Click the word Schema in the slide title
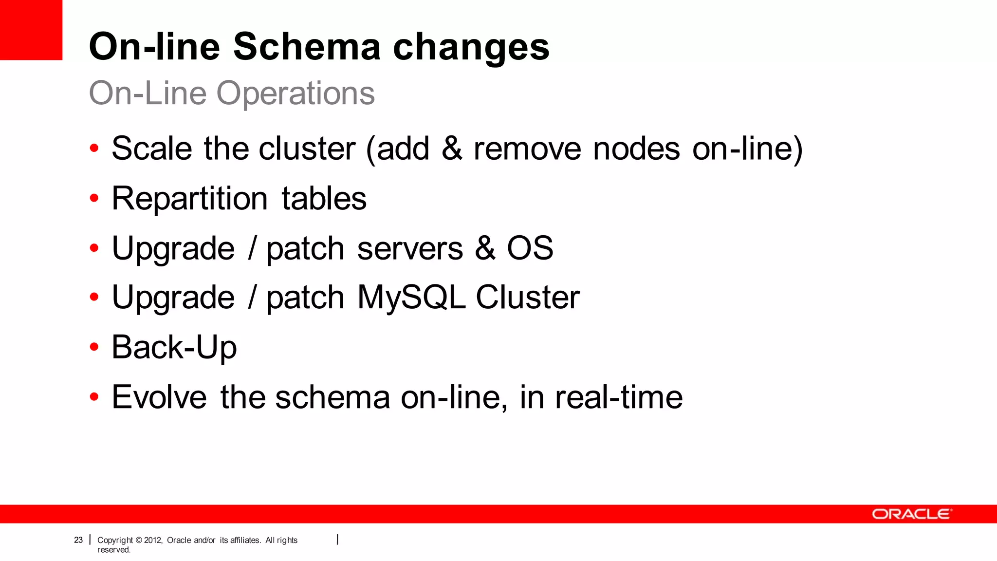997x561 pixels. (x=307, y=47)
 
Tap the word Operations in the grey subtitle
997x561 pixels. (x=295, y=93)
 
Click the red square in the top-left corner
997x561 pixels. (x=31, y=30)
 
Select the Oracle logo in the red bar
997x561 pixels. (x=911, y=514)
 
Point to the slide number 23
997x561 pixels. (x=78, y=540)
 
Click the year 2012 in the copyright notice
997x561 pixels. (x=152, y=540)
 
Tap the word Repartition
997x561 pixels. (x=190, y=198)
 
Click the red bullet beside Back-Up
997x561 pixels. (x=94, y=347)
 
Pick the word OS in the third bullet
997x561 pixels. (x=530, y=248)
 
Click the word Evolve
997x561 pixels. (x=159, y=397)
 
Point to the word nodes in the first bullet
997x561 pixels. (x=636, y=149)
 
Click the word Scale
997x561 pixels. (x=151, y=149)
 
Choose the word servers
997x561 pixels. (x=410, y=249)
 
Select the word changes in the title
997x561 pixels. (x=471, y=47)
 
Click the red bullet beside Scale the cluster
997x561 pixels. (x=94, y=148)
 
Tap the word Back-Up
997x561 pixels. (x=174, y=347)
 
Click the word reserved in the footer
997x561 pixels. (x=113, y=550)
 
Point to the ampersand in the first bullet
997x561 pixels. (x=452, y=149)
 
